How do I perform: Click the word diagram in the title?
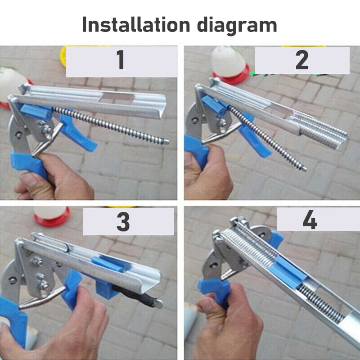click(240, 26)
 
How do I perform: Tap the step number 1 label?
click(121, 61)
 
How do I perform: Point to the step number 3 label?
click(123, 221)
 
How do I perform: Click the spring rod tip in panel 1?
click(166, 142)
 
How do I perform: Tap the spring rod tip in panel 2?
click(304, 169)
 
